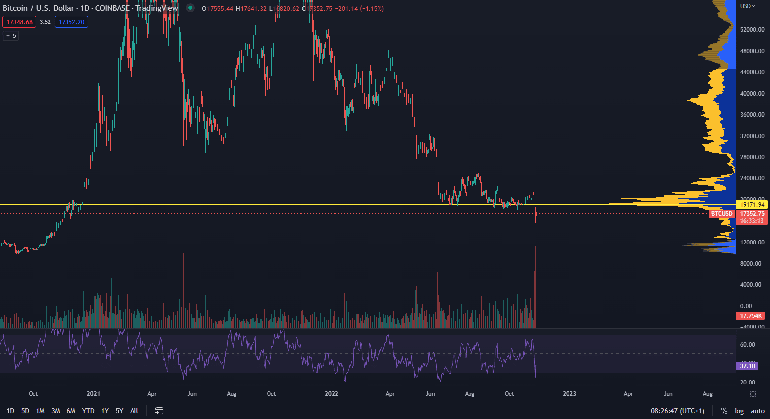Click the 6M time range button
71,411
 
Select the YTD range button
88,411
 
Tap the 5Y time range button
119,411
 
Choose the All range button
134,411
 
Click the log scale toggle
739,411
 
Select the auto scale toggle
757,411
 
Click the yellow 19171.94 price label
752,204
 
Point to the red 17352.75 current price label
752,214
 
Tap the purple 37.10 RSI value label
747,366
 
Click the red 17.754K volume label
751,315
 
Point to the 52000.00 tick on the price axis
752,30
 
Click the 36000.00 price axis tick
752,115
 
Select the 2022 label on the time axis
332,394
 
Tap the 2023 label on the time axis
569,394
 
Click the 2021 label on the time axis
93,394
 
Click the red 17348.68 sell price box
19,22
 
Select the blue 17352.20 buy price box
71,22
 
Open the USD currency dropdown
747,6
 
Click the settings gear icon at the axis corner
753,394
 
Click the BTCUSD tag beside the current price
722,214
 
